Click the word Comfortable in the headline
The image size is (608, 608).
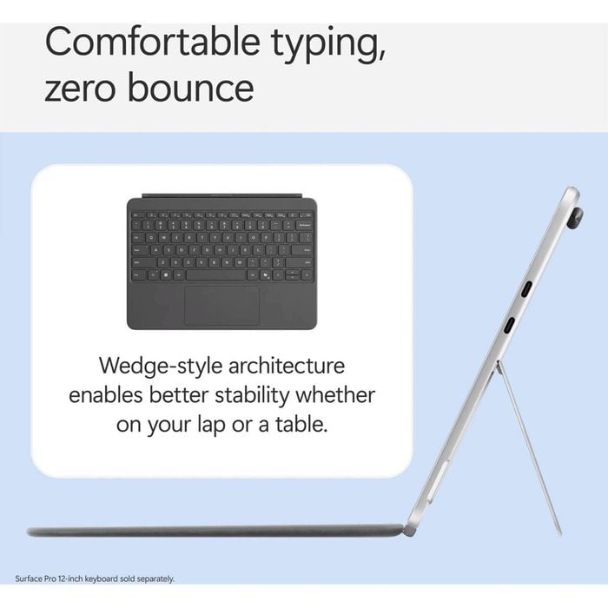(152, 41)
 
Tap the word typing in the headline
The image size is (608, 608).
(328, 44)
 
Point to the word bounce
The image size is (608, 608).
(191, 87)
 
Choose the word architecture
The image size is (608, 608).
(287, 366)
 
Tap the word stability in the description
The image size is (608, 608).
(252, 396)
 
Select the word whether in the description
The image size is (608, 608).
(335, 395)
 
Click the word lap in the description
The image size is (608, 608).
(211, 426)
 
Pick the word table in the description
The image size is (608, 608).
(301, 425)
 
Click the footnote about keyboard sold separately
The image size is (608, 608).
(95, 579)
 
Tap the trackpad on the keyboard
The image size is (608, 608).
(221, 306)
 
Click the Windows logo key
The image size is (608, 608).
(166, 275)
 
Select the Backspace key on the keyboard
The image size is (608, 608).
(305, 225)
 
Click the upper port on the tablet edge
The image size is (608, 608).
(526, 289)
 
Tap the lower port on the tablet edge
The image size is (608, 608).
(510, 325)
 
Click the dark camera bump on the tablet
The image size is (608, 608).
(576, 218)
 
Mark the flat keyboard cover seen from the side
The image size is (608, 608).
(215, 531)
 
